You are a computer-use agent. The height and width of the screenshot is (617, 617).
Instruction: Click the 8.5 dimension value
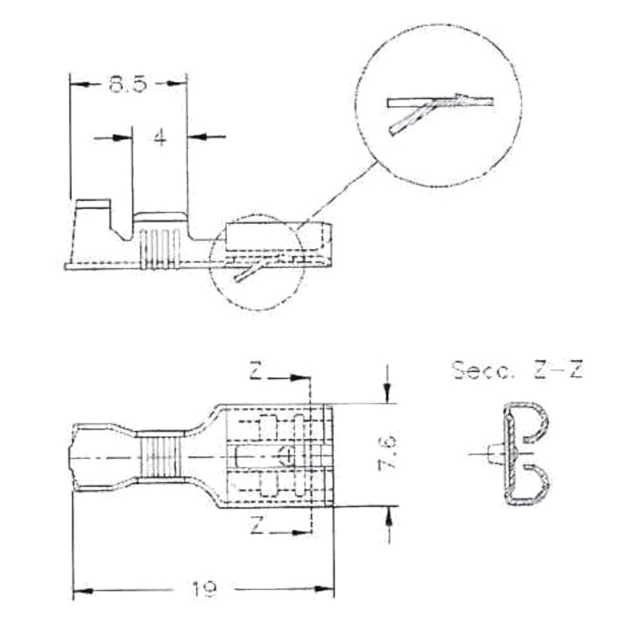pyautogui.click(x=128, y=84)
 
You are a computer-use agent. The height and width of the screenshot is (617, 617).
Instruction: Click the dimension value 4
pyautogui.click(x=159, y=138)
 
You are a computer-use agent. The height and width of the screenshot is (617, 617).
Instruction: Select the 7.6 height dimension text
pyautogui.click(x=389, y=453)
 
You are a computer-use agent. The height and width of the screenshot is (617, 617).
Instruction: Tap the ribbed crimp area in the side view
pyautogui.click(x=160, y=247)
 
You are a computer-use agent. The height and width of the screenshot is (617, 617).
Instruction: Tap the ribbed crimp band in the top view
pyautogui.click(x=160, y=456)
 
